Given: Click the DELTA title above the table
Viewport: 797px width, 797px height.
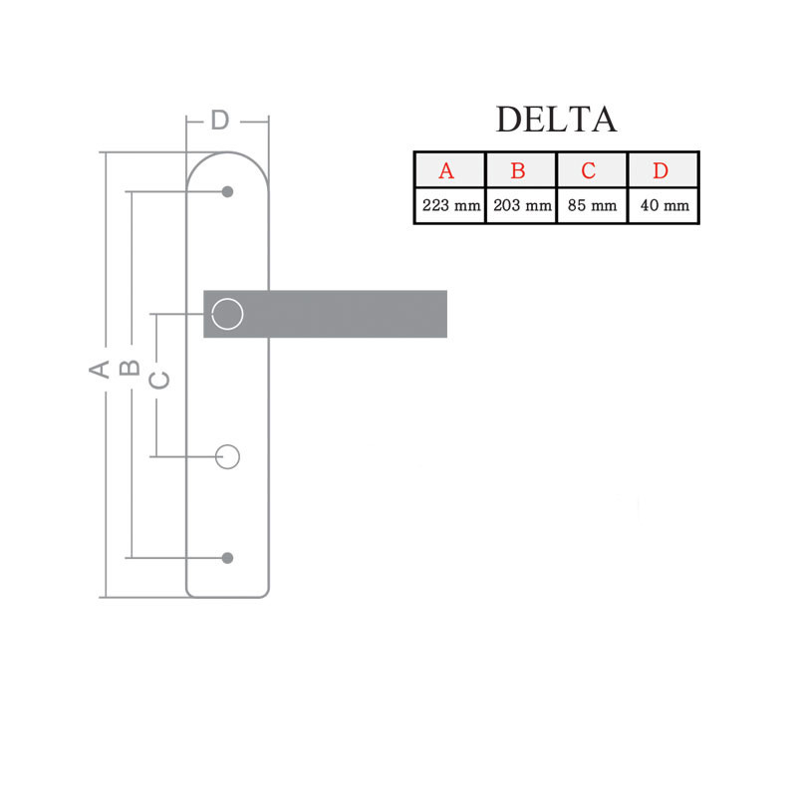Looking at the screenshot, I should pyautogui.click(x=556, y=119).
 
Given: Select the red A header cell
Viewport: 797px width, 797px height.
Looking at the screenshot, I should pyautogui.click(x=446, y=170).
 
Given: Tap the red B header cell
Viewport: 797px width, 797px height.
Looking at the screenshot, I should pyautogui.click(x=518, y=170).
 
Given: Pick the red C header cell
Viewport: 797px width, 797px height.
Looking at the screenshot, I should pyautogui.click(x=589, y=170).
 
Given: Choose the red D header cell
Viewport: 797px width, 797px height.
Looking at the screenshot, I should pyautogui.click(x=661, y=170).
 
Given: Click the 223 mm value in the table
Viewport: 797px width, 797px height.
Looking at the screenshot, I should pyautogui.click(x=450, y=206).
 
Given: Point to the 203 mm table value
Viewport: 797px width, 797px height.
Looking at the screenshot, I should pyautogui.click(x=521, y=206).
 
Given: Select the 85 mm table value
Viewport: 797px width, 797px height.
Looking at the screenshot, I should pyautogui.click(x=592, y=206).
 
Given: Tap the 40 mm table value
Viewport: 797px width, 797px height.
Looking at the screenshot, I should pyautogui.click(x=664, y=206).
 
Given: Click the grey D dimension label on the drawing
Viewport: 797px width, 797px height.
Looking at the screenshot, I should pyautogui.click(x=220, y=121).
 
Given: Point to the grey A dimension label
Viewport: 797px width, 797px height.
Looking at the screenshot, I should pyautogui.click(x=98, y=369).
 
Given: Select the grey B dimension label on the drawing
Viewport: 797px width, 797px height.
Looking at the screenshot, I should pyautogui.click(x=129, y=368).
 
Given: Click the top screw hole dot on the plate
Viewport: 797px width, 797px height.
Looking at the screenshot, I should pyautogui.click(x=228, y=191).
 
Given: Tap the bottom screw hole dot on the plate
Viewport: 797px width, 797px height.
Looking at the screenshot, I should pyautogui.click(x=228, y=557).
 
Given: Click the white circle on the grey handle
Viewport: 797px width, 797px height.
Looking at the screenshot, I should pyautogui.click(x=228, y=314).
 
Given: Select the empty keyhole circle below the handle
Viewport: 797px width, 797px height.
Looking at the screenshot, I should pyautogui.click(x=228, y=456).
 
